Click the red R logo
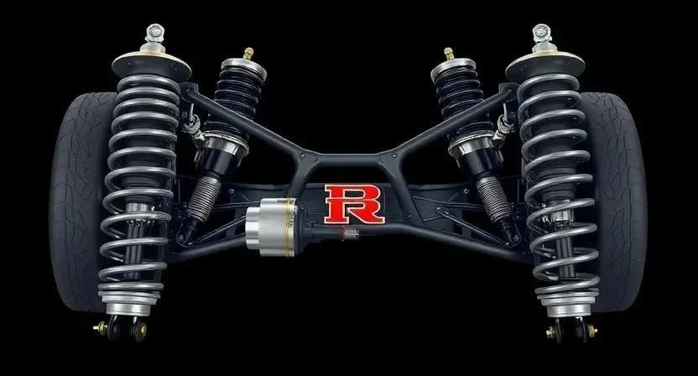[354, 204]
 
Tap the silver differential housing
[271, 227]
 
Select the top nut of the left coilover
[154, 34]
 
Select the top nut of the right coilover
[542, 34]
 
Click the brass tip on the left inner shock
[248, 54]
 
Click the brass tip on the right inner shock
[449, 54]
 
